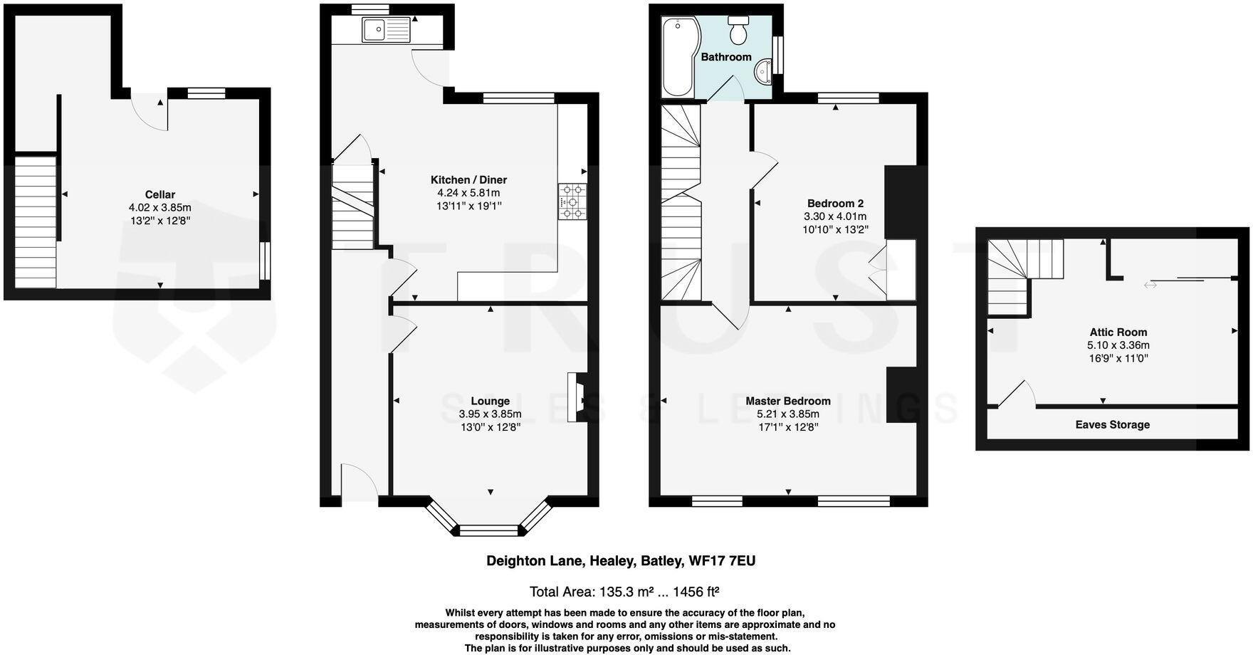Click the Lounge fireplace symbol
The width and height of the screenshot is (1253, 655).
click(x=577, y=398)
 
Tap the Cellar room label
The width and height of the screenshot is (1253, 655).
click(x=160, y=194)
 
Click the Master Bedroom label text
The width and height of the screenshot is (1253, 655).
click(x=788, y=401)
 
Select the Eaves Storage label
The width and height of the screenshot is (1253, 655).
click(x=1112, y=424)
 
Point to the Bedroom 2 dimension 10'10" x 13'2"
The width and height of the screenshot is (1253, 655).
click(x=835, y=230)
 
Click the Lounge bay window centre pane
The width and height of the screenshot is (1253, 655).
click(x=489, y=530)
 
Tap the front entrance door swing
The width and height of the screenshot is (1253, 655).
click(x=360, y=481)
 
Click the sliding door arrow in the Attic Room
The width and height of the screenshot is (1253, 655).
click(x=1150, y=285)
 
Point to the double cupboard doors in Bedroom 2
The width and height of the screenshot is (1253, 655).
click(x=878, y=271)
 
